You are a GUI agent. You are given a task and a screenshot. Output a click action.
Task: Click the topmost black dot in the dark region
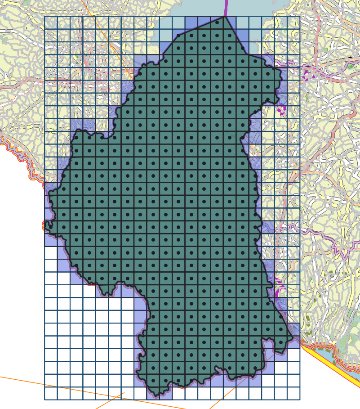tap(217, 22)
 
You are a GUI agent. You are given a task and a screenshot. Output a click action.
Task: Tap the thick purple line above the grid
tap(226, 7)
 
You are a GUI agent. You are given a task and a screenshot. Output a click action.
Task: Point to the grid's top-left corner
tap(44, 16)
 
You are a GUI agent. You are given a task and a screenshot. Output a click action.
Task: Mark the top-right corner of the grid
tap(300, 16)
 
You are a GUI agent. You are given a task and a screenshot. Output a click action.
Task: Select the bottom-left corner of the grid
tap(44, 400)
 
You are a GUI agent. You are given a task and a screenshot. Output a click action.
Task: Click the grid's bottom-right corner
tap(300, 400)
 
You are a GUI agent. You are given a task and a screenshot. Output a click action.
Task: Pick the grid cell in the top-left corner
tap(51, 22)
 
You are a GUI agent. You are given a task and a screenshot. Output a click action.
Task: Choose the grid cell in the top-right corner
tap(293, 22)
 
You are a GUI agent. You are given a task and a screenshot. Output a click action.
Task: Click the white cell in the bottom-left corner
tap(51, 393)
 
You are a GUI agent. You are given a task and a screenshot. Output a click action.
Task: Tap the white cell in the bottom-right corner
tap(293, 393)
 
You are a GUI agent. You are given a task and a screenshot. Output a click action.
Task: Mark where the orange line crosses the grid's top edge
tap(93, 16)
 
